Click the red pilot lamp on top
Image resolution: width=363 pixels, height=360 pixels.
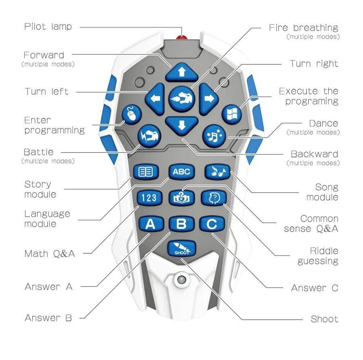point(181,38)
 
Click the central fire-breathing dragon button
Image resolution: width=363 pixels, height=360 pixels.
point(181,98)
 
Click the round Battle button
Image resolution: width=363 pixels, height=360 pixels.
point(150,136)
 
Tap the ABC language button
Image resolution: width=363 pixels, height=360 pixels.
point(181,172)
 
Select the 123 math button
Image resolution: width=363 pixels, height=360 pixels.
point(149,198)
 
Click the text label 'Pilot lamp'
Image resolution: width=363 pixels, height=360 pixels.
point(48,27)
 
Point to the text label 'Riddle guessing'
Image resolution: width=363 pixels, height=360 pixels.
point(318,256)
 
